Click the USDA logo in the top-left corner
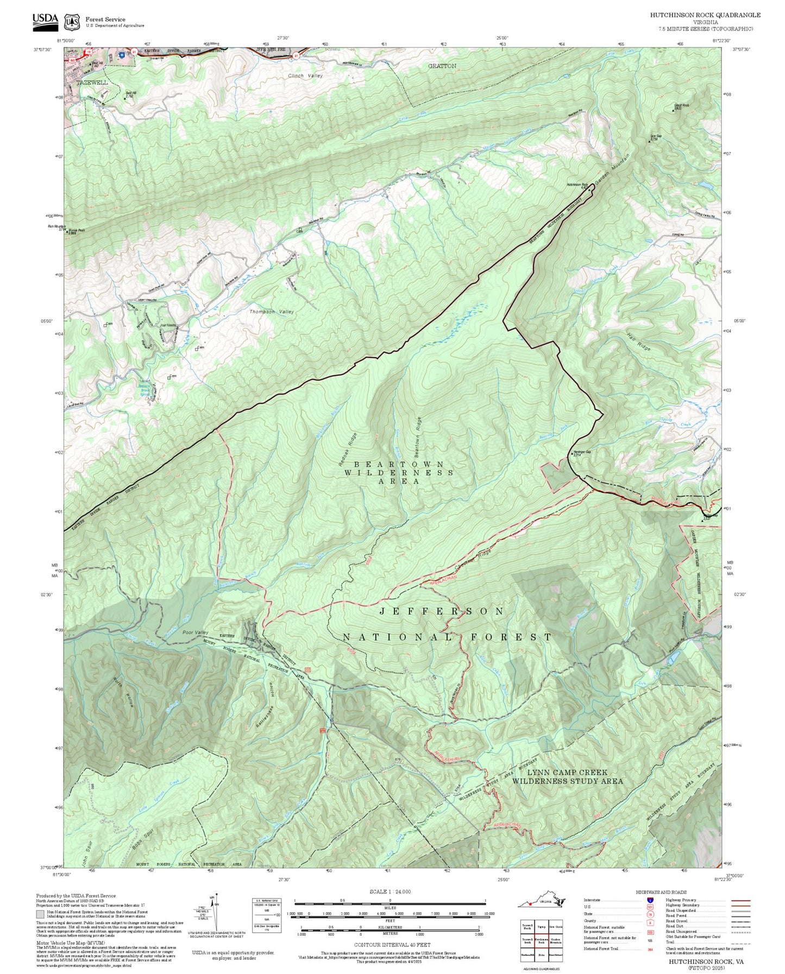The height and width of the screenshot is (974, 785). click(x=45, y=20)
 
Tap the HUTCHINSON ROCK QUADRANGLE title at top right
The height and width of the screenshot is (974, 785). click(x=705, y=15)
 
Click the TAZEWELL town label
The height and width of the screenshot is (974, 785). click(x=92, y=83)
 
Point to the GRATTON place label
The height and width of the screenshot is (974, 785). click(x=442, y=66)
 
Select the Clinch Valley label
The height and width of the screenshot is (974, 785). click(x=305, y=76)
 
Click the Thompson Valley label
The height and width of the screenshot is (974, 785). click(x=272, y=312)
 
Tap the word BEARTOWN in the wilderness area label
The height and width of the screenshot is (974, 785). click(x=399, y=464)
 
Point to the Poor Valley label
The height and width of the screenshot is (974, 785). click(x=195, y=633)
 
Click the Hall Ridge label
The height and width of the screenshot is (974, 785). click(x=639, y=341)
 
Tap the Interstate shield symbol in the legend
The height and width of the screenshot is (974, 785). click(x=650, y=900)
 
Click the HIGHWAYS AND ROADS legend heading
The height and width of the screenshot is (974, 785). click(x=661, y=892)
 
